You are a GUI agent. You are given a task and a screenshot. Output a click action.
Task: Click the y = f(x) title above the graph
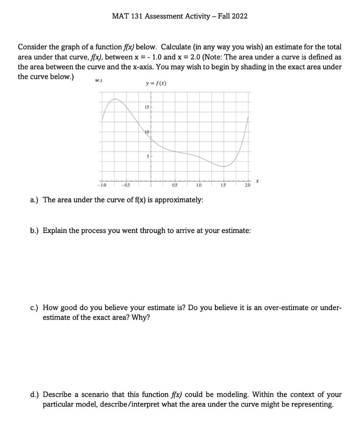tap(155, 83)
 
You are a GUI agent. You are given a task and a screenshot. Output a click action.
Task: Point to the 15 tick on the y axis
tap(146, 107)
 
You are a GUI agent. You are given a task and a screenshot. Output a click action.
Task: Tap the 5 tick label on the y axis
tap(147, 157)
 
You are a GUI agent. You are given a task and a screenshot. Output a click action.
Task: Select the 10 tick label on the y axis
tap(146, 131)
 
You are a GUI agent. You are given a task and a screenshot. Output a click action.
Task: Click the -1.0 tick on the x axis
tap(102, 186)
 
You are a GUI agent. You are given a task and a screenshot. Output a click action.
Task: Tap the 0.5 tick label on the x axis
tap(175, 186)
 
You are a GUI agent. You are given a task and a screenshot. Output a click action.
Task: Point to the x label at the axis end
tap(258, 182)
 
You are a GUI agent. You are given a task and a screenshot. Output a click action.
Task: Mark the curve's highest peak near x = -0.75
tap(115, 99)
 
